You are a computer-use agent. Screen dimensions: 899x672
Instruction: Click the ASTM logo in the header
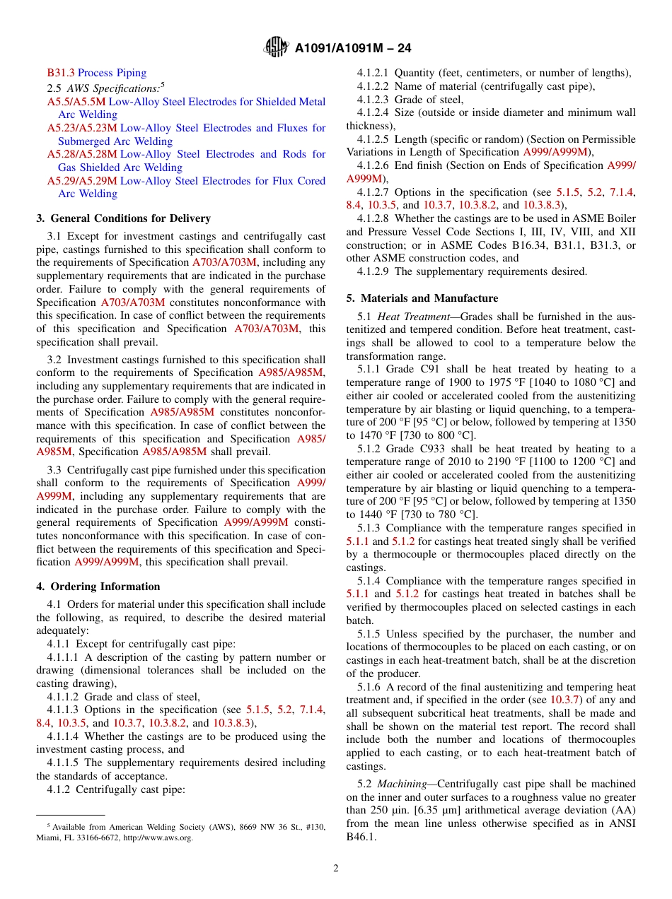point(276,47)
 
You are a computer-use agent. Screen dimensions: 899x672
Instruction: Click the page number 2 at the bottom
point(336,869)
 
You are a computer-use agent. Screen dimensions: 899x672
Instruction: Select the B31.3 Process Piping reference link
point(97,73)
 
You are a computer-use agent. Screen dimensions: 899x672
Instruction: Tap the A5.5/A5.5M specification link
point(76,102)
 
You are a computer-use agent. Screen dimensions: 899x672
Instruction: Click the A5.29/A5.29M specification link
point(82,181)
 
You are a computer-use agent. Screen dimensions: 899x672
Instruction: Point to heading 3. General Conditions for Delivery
point(124,218)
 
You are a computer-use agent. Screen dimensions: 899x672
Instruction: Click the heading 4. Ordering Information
point(98,587)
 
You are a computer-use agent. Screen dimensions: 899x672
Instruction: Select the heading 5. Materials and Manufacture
point(422,298)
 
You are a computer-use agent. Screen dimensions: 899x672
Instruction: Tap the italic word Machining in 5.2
point(402,784)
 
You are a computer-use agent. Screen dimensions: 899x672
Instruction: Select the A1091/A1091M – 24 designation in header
point(353,48)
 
